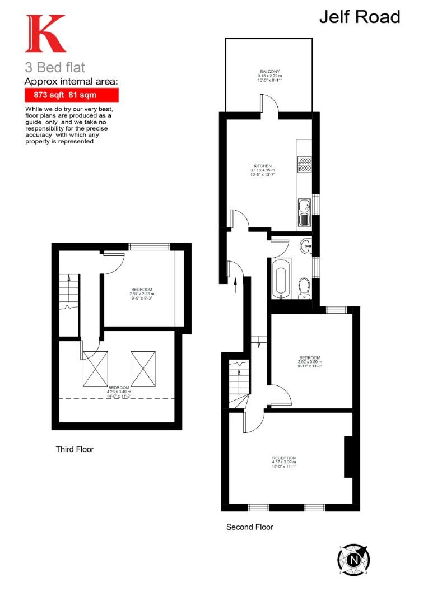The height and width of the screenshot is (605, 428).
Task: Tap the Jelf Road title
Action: coord(360,17)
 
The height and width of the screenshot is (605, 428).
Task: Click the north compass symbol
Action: coord(353,560)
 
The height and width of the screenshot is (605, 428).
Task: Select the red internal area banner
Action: coord(71,95)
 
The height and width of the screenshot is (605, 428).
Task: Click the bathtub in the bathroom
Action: coord(280,278)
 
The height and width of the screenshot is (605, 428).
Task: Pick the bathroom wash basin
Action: coord(304,245)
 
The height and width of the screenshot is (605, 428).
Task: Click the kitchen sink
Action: coord(304,211)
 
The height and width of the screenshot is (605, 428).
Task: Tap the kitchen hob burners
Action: coord(305,164)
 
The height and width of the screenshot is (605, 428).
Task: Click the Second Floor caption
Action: coord(249,527)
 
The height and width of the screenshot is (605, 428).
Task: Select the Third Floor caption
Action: coord(75,449)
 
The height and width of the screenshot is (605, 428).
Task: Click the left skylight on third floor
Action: coord(95,369)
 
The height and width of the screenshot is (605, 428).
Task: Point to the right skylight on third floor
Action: coord(142,369)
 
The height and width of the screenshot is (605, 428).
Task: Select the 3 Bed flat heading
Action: coord(55,68)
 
